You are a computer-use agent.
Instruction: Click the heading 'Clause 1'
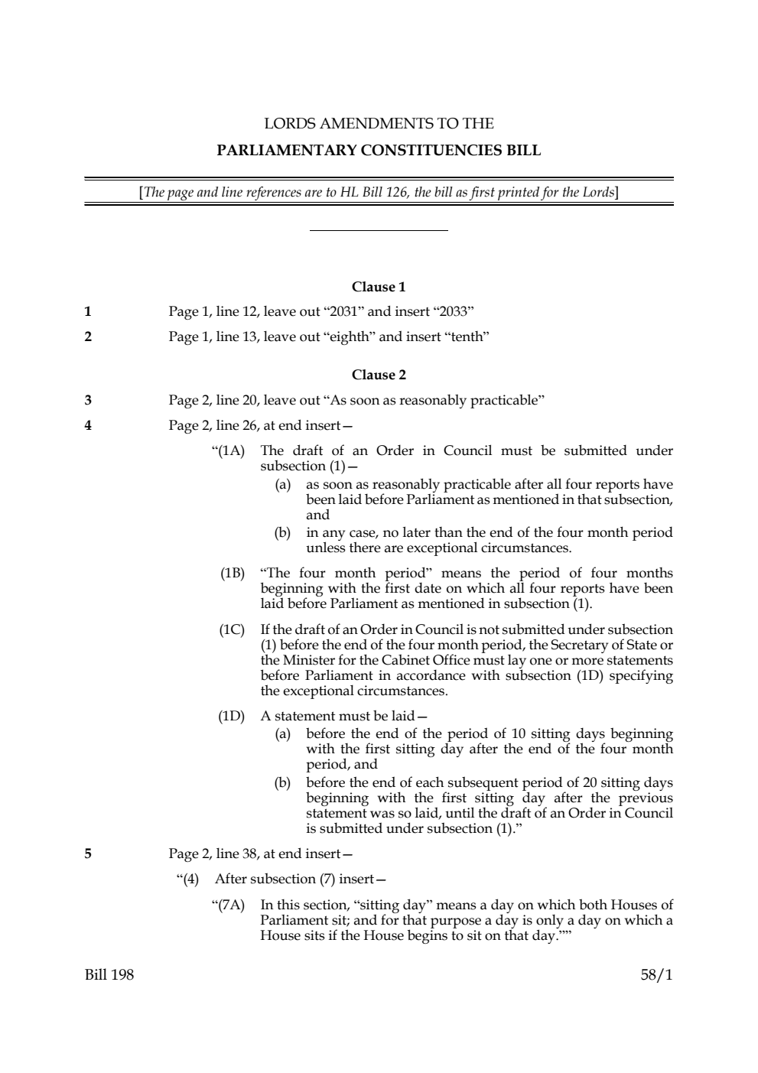tap(379, 287)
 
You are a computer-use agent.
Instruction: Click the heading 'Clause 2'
tap(379, 375)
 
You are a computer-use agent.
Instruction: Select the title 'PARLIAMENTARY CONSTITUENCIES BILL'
tap(379, 150)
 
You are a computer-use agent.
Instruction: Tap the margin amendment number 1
tap(88, 311)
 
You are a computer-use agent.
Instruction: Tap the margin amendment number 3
tap(88, 400)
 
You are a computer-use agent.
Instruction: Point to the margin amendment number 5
tap(88, 853)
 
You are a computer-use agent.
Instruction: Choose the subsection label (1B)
tap(233, 573)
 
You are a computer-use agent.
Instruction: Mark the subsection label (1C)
tap(233, 629)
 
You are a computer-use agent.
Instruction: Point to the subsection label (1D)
tap(233, 716)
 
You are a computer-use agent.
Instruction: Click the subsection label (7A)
tap(229, 905)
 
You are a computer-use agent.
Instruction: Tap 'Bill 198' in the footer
tap(109, 974)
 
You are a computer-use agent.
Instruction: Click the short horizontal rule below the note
tap(379, 230)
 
